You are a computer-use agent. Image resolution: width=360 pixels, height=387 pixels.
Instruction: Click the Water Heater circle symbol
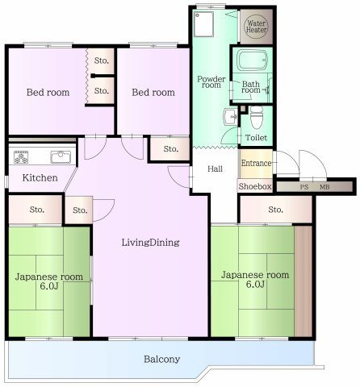pyautogui.click(x=256, y=27)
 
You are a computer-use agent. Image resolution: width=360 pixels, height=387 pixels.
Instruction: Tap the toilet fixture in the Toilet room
pyautogui.click(x=256, y=117)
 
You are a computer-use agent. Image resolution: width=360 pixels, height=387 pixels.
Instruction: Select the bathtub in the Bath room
pyautogui.click(x=253, y=60)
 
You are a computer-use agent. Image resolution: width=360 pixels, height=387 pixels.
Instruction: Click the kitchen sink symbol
pyautogui.click(x=61, y=157)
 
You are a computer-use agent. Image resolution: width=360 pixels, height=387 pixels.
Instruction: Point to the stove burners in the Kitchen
pyautogui.click(x=21, y=157)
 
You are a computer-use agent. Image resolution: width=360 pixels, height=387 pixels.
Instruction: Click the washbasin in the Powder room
pyautogui.click(x=230, y=117)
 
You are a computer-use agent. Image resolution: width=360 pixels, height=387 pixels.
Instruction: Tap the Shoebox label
pyautogui.click(x=255, y=186)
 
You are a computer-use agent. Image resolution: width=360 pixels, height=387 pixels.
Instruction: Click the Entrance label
pyautogui.click(x=256, y=163)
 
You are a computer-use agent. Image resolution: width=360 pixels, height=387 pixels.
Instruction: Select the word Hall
pyautogui.click(x=215, y=169)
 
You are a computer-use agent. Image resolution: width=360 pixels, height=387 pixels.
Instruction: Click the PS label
pyautogui.click(x=304, y=187)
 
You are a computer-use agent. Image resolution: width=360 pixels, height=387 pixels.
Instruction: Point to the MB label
pyautogui.click(x=324, y=187)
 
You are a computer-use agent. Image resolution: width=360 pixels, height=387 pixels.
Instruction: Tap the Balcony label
pyautogui.click(x=161, y=360)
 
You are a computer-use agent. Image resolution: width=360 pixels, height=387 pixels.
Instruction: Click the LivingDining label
pyautogui.click(x=150, y=243)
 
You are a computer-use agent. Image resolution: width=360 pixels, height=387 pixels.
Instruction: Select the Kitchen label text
pyautogui.click(x=40, y=177)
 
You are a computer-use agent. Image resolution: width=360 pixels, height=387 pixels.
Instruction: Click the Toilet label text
pyautogui.click(x=257, y=138)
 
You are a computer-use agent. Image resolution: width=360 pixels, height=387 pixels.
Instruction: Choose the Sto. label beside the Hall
pyautogui.click(x=171, y=148)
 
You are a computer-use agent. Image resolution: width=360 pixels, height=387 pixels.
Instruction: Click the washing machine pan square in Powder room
pyautogui.click(x=203, y=24)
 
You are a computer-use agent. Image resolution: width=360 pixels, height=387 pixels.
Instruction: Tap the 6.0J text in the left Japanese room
pyautogui.click(x=49, y=286)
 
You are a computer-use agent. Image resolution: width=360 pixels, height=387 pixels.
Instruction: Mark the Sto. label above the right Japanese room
pyautogui.click(x=275, y=210)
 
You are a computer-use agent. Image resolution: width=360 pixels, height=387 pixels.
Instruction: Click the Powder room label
pyautogui.click(x=211, y=82)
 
